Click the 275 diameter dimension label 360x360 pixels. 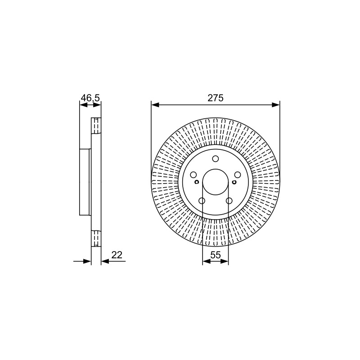(x=216, y=98)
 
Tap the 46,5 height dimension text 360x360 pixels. (x=90, y=98)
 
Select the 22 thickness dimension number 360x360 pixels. (x=117, y=255)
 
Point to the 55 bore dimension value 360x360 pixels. (x=216, y=255)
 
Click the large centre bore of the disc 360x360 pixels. (x=216, y=182)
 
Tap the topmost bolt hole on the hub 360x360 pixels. (x=216, y=159)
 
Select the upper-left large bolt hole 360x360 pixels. (x=193, y=175)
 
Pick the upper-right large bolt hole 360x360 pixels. (x=238, y=175)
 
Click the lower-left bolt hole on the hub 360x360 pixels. (x=202, y=201)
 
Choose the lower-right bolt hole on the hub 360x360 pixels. (x=229, y=201)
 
